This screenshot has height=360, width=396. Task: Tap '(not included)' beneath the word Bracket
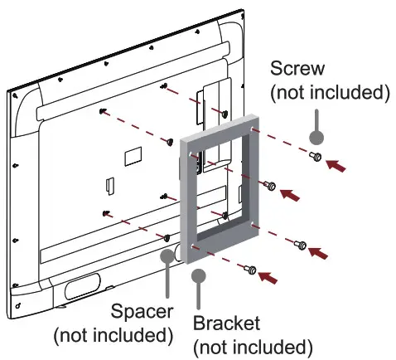(x=252, y=345)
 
